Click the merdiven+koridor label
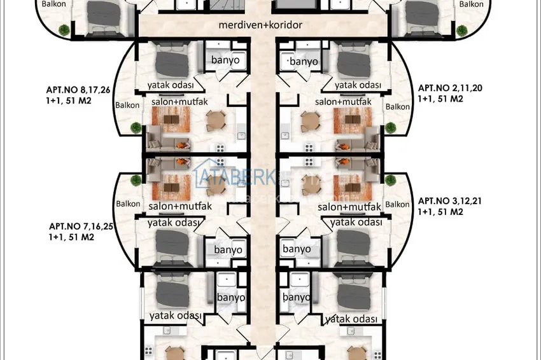pyautogui.click(x=260, y=26)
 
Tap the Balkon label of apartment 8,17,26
pyautogui.click(x=128, y=106)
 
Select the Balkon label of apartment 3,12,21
pyautogui.click(x=397, y=204)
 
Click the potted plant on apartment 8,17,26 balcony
pyautogui.click(x=135, y=128)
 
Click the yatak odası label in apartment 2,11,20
pyautogui.click(x=358, y=85)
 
